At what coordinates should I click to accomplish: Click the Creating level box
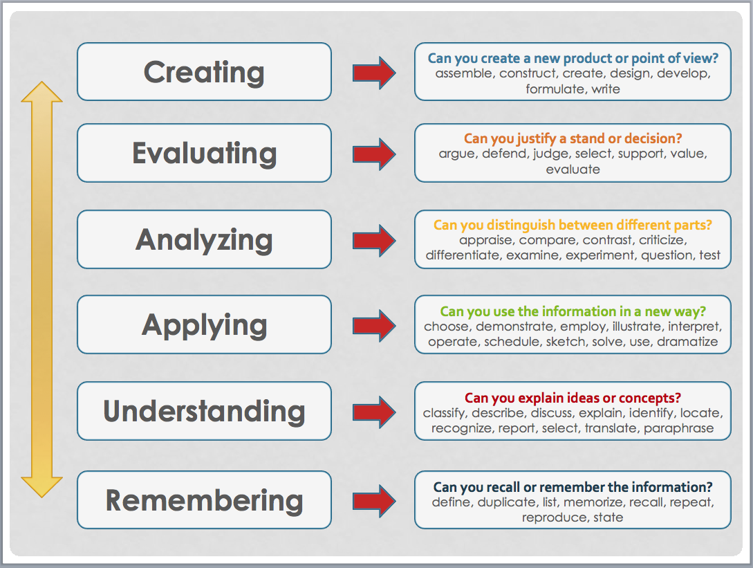(204, 71)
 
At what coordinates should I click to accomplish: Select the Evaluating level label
(204, 154)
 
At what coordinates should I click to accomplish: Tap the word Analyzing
(204, 240)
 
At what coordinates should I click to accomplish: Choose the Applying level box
(204, 324)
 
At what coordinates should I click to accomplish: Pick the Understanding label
(204, 412)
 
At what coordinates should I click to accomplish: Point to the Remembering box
(204, 500)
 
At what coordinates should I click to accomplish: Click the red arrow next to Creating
(374, 73)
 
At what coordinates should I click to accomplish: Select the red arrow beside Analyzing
(374, 240)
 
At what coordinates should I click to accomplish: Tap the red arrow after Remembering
(374, 501)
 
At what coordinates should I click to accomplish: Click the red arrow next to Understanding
(374, 412)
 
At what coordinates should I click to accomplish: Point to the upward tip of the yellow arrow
(41, 82)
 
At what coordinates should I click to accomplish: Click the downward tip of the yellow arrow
(41, 497)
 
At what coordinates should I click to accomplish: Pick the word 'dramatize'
(687, 342)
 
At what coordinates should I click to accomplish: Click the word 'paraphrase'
(678, 428)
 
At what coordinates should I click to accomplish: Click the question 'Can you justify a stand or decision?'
(573, 138)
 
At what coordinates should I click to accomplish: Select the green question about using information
(573, 311)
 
